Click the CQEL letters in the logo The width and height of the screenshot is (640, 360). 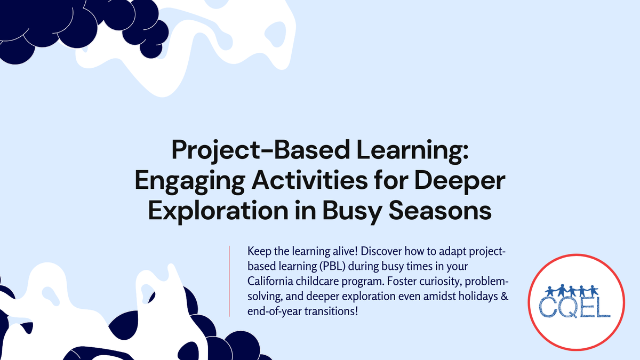(575, 309)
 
